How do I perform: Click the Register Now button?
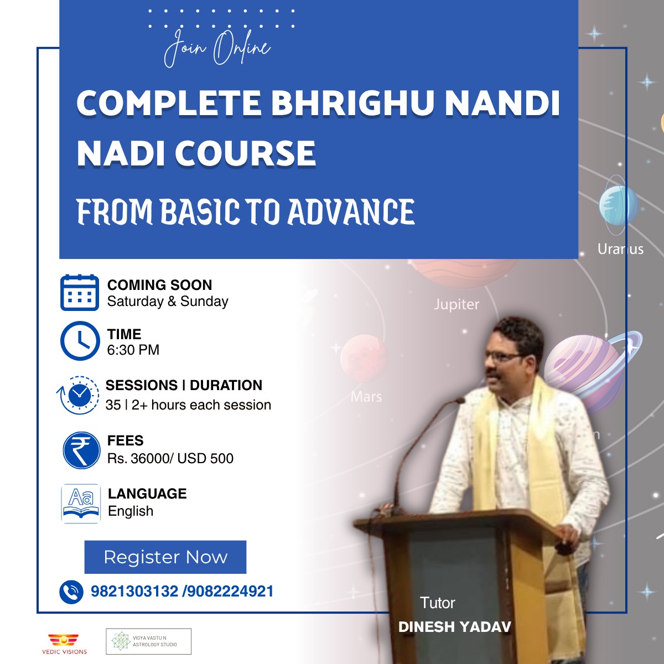[x=165, y=557]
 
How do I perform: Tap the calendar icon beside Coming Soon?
[x=80, y=293]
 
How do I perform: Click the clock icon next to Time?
[x=80, y=341]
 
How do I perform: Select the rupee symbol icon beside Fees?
[x=81, y=450]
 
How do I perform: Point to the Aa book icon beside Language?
[x=81, y=504]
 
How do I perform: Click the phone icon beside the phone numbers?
[x=71, y=592]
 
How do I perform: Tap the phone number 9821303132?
[x=134, y=592]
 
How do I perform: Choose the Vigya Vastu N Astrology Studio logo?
[x=148, y=641]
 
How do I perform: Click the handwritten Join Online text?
[x=217, y=48]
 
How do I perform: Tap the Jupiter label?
[x=456, y=304]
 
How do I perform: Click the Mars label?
[x=366, y=397]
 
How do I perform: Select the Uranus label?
[x=620, y=249]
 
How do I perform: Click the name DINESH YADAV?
[x=454, y=627]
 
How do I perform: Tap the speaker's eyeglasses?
[x=504, y=357]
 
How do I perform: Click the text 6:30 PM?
[x=133, y=350]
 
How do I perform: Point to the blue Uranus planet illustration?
[x=619, y=205]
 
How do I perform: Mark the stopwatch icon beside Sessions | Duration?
[x=78, y=395]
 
